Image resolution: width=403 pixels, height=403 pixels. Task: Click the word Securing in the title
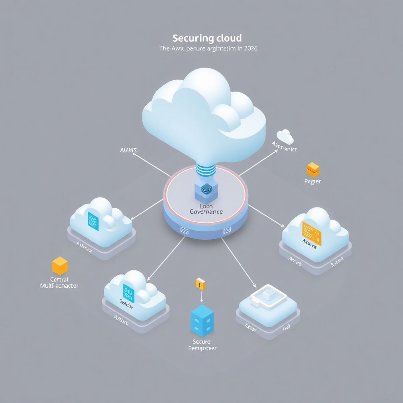(193, 39)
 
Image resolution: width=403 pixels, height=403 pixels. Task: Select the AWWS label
(128, 150)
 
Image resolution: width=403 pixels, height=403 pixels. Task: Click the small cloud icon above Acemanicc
(285, 137)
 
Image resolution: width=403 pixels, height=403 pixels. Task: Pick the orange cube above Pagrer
(313, 169)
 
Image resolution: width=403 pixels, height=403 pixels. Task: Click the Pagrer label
(312, 181)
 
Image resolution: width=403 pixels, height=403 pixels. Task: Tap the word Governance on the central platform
(206, 212)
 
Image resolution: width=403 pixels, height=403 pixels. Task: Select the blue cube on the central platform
(205, 190)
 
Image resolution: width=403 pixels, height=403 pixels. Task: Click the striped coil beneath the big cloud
(206, 172)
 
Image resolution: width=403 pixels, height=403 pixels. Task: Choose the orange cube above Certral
(60, 266)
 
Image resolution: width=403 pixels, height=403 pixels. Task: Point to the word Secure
(201, 342)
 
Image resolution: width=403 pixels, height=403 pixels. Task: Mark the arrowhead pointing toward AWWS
(134, 155)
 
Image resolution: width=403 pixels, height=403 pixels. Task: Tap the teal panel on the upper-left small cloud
(94, 221)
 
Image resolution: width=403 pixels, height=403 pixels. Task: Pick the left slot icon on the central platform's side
(183, 229)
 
